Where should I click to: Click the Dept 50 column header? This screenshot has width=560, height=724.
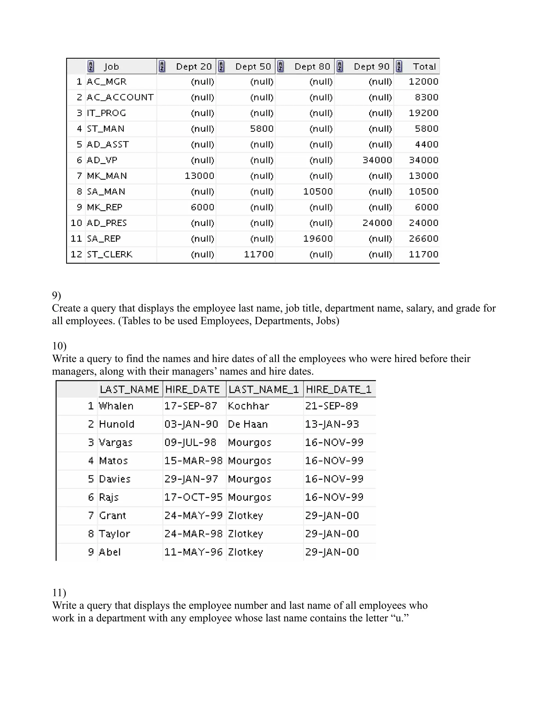click(253, 67)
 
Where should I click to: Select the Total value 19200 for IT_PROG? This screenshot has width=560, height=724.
click(423, 113)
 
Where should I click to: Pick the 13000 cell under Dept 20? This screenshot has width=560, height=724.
click(199, 176)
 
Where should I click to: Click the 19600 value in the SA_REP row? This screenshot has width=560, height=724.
click(318, 239)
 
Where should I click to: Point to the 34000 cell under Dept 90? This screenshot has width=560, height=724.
click(377, 160)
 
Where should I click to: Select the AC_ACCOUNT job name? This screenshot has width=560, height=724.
click(120, 97)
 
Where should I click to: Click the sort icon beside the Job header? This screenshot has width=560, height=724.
click(91, 67)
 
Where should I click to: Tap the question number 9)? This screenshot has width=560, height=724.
click(56, 295)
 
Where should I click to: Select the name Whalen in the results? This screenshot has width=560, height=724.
click(116, 406)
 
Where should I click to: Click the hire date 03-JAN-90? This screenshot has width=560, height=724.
click(191, 424)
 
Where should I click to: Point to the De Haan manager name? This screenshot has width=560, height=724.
click(247, 424)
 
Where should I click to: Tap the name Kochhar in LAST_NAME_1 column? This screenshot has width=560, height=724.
click(249, 406)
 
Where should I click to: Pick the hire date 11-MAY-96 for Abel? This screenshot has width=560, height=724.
click(193, 552)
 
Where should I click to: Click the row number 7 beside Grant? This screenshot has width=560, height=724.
click(91, 516)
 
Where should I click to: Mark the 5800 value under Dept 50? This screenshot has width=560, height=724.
click(262, 129)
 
